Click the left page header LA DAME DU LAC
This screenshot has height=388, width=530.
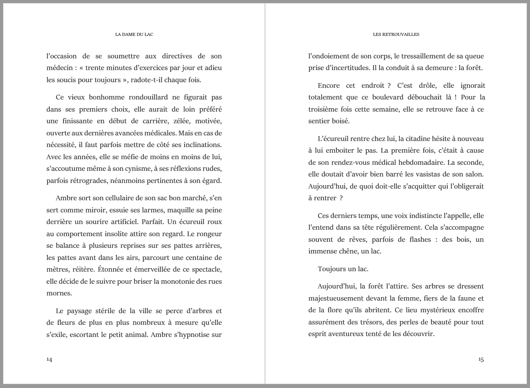tap(134, 35)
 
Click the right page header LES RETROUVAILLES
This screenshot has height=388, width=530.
tap(396, 35)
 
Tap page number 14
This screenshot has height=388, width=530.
tap(49, 359)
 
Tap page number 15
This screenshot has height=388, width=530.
tap(481, 359)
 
